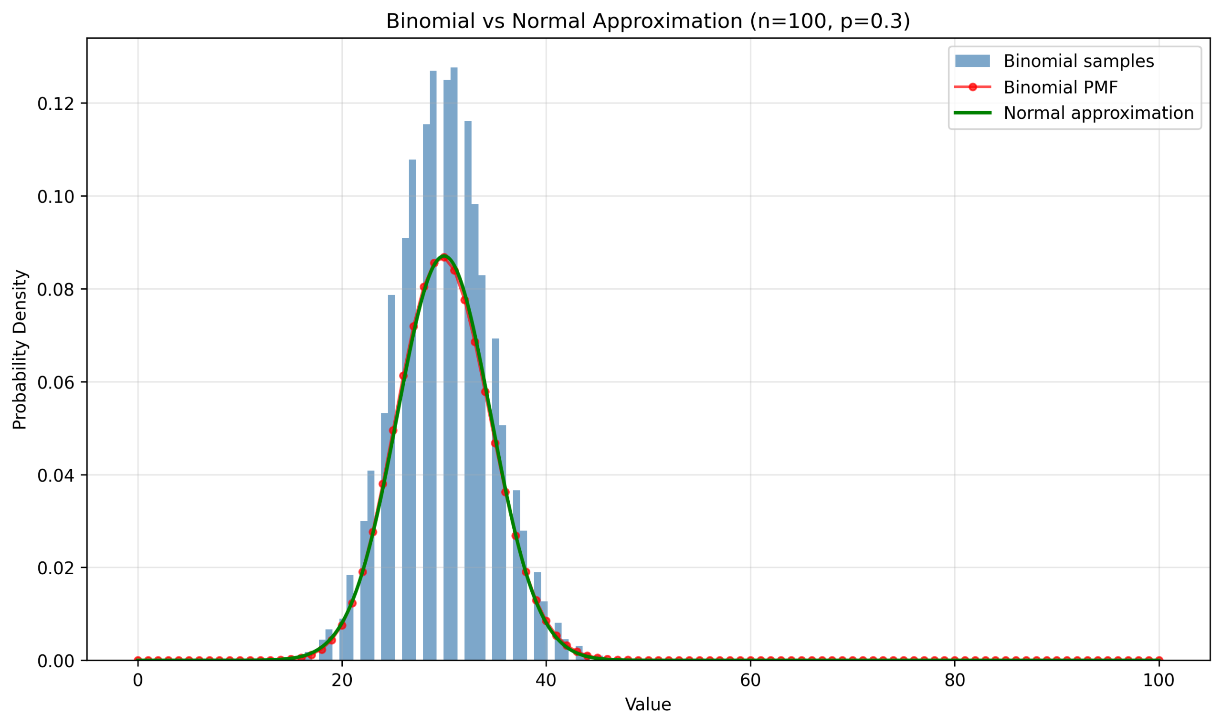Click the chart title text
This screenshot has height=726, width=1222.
pyautogui.click(x=648, y=21)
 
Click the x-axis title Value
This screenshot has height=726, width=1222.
pyautogui.click(x=648, y=705)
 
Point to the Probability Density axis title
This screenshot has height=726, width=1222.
pyautogui.click(x=20, y=349)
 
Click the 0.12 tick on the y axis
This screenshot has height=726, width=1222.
pyautogui.click(x=55, y=104)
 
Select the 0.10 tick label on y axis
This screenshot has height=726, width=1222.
pyautogui.click(x=55, y=197)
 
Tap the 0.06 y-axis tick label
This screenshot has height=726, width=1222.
pyautogui.click(x=55, y=382)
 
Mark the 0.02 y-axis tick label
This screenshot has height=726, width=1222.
pyautogui.click(x=55, y=568)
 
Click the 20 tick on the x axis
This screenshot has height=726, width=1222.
pyautogui.click(x=341, y=681)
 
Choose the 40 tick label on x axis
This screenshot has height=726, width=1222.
pyautogui.click(x=546, y=681)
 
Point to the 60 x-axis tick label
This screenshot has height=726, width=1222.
pyautogui.click(x=750, y=681)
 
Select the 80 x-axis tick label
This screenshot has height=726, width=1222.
pyautogui.click(x=954, y=681)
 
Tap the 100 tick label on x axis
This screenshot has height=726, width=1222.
pyautogui.click(x=1159, y=681)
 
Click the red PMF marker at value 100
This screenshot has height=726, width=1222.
pyautogui.click(x=1159, y=660)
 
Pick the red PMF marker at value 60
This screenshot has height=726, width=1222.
pyautogui.click(x=750, y=660)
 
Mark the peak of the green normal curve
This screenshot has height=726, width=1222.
pyautogui.click(x=444, y=256)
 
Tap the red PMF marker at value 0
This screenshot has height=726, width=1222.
pyautogui.click(x=138, y=660)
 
